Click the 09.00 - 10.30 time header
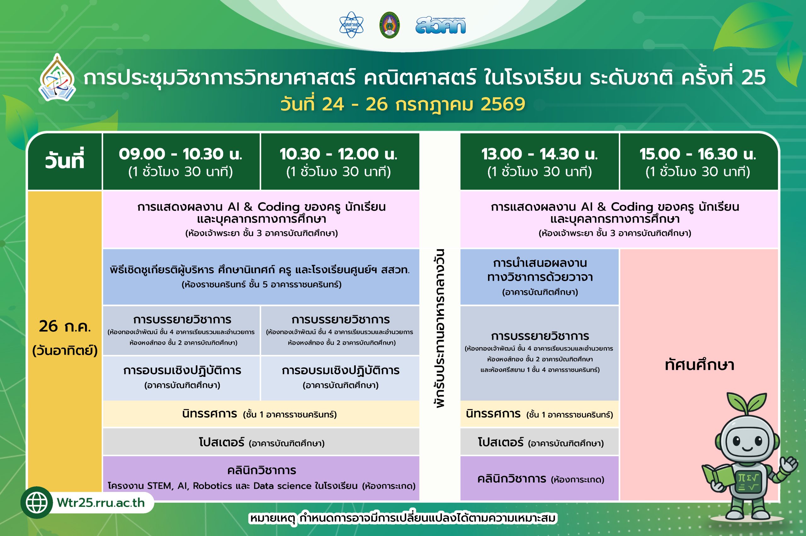tap(180, 154)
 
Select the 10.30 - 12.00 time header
tap(338, 154)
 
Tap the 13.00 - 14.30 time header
tap(540, 154)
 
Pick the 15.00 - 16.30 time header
tap(698, 154)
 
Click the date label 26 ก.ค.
tap(65, 326)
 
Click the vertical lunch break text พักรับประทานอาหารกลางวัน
tap(440, 328)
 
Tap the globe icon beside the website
tap(37, 503)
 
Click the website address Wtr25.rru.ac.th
tap(101, 503)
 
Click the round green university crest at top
tap(389, 25)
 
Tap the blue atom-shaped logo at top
tap(351, 25)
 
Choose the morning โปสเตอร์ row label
tap(222, 442)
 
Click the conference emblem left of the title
tap(57, 78)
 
